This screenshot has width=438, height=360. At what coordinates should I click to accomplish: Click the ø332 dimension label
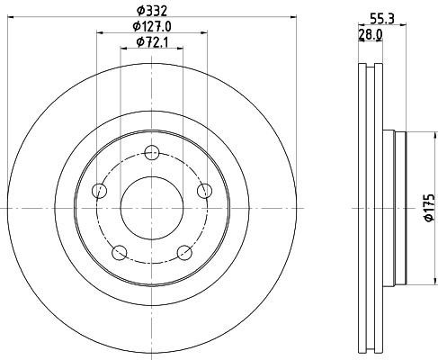point(151,10)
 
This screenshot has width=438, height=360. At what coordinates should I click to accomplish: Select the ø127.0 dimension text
point(151,26)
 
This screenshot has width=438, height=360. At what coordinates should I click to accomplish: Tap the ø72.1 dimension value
point(152,42)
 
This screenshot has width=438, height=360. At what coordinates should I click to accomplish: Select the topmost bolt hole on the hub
point(151,151)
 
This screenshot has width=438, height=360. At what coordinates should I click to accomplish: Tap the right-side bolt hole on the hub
point(205,190)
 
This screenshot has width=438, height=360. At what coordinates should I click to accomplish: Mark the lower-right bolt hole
point(184,253)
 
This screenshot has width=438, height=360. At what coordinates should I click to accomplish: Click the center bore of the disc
point(151,208)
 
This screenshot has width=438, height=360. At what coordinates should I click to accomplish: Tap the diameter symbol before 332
point(139,10)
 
